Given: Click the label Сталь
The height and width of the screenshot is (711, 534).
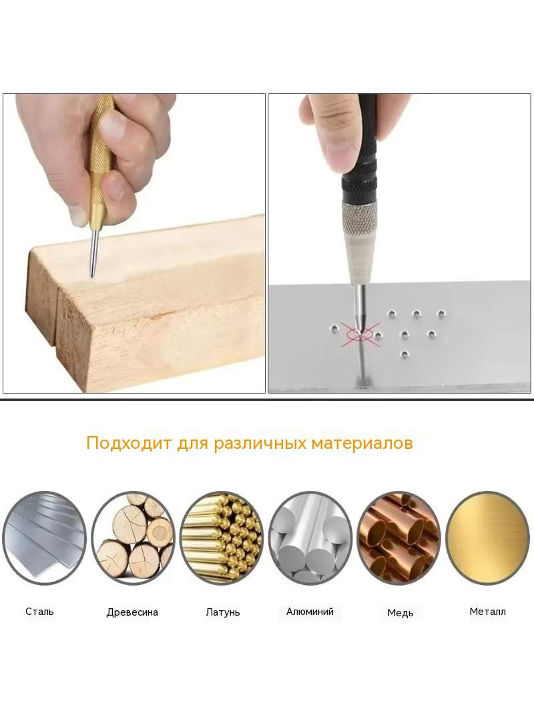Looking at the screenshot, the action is (x=39, y=611).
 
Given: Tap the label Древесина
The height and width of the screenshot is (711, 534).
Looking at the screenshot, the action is (x=132, y=612).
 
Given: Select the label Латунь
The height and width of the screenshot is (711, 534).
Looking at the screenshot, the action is (x=222, y=612).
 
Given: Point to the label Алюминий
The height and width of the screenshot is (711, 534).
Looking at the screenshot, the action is (x=310, y=611).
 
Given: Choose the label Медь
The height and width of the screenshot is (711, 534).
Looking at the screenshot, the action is (x=400, y=613).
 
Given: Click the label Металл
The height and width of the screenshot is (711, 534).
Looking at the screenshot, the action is (x=487, y=611).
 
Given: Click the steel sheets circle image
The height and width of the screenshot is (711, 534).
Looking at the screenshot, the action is (x=44, y=538).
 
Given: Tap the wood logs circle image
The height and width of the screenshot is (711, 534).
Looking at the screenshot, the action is (x=133, y=538).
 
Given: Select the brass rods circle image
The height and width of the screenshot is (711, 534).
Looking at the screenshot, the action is (x=222, y=538).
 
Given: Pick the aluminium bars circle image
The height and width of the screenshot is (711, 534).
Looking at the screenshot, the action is (x=310, y=538).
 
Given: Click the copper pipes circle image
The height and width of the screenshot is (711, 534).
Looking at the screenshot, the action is (x=398, y=538).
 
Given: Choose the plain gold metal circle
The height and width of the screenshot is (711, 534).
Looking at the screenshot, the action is (x=488, y=538).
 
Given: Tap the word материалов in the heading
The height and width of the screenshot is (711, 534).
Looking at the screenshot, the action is (x=362, y=443).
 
